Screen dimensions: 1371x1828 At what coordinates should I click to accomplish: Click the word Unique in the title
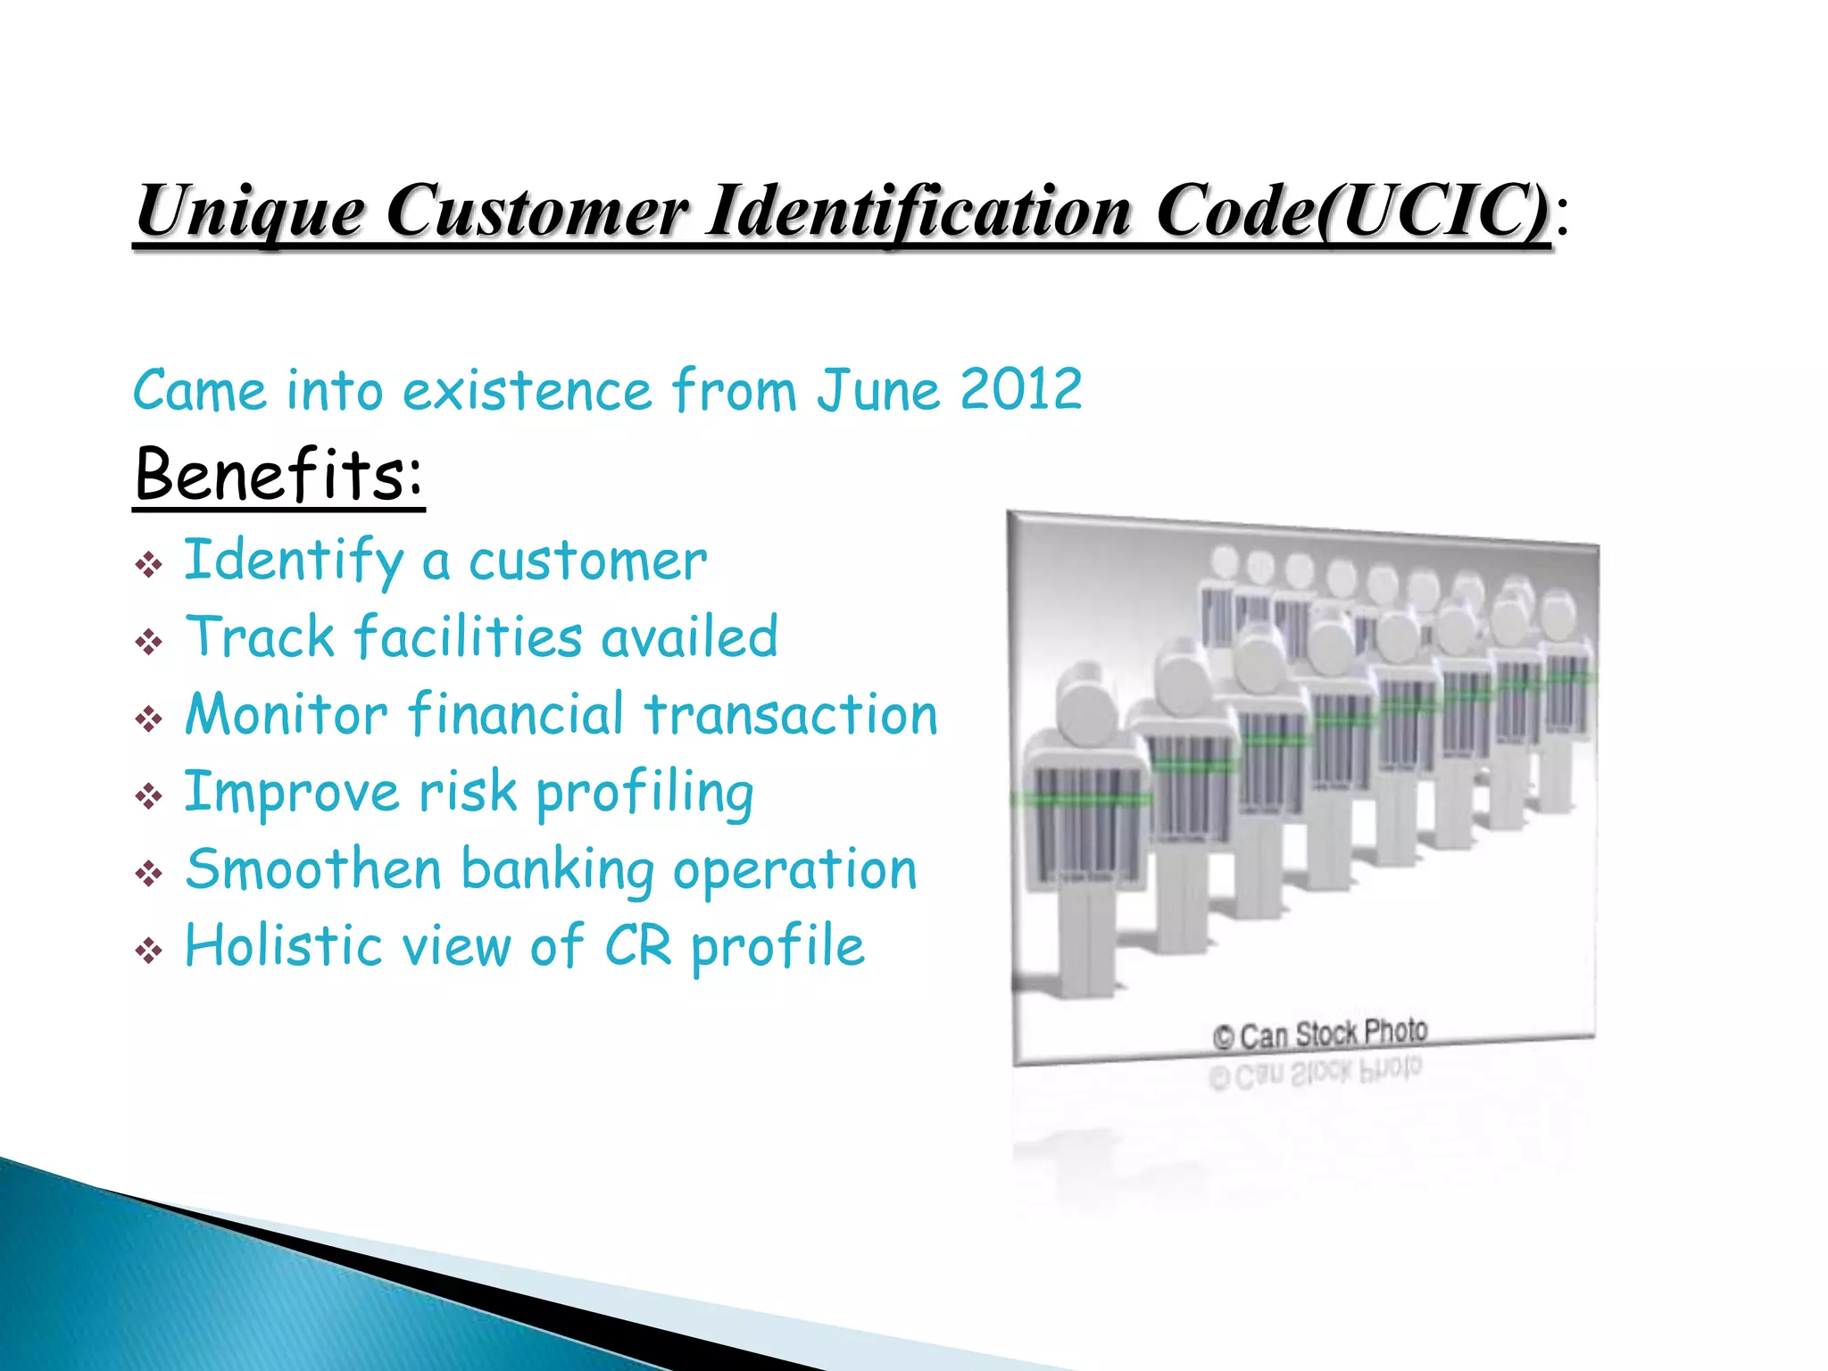tap(249, 212)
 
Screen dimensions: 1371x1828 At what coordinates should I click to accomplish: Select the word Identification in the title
tap(918, 212)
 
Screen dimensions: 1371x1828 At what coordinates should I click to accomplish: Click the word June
tap(878, 390)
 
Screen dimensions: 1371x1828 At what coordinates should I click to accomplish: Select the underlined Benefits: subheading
tap(278, 474)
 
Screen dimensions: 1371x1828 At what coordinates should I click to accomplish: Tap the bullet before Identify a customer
tap(148, 564)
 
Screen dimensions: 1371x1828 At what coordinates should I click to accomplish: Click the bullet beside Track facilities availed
tap(148, 641)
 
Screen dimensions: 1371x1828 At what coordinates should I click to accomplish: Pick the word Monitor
tap(286, 715)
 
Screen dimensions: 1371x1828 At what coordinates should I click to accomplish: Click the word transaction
tap(791, 715)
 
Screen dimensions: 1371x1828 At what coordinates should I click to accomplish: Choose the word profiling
tap(644, 794)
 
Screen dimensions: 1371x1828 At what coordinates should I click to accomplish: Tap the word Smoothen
tap(312, 869)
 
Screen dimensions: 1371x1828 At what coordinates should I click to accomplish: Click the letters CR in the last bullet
tap(637, 945)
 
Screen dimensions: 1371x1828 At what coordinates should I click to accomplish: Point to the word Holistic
tap(284, 945)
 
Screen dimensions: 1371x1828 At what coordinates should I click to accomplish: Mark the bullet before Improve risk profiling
tap(148, 795)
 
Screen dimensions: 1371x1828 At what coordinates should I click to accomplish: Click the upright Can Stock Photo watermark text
tap(1320, 1034)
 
